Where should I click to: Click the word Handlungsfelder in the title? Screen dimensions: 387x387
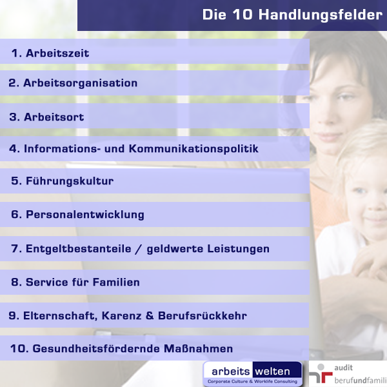pyautogui.click(x=321, y=15)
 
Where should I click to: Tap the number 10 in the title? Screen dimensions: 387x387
pyautogui.click(x=243, y=14)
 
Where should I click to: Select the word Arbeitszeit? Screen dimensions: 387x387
pyautogui.click(x=57, y=53)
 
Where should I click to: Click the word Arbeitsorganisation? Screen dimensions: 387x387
pyautogui.click(x=80, y=83)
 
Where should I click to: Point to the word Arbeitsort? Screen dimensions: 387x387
pyautogui.click(x=54, y=117)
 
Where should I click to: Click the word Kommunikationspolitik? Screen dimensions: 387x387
pyautogui.click(x=193, y=149)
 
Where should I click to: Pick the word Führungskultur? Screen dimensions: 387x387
pyautogui.click(x=70, y=181)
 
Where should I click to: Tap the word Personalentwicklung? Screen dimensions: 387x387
pyautogui.click(x=85, y=215)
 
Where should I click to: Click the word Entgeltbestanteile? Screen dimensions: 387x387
pyautogui.click(x=79, y=248)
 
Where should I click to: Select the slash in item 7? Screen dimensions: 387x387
pyautogui.click(x=139, y=249)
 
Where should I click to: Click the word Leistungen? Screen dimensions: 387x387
pyautogui.click(x=238, y=249)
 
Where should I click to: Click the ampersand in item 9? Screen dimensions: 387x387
pyautogui.click(x=150, y=315)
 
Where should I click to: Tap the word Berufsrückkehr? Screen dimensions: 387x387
pyautogui.click(x=203, y=315)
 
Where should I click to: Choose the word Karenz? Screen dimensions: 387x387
pyautogui.click(x=121, y=315)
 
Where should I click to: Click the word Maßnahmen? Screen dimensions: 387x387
pyautogui.click(x=198, y=349)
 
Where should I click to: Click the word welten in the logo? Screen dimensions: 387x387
pyautogui.click(x=272, y=372)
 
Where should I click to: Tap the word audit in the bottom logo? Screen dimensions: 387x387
pyautogui.click(x=343, y=368)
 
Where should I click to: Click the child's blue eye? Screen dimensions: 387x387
pyautogui.click(x=360, y=190)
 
